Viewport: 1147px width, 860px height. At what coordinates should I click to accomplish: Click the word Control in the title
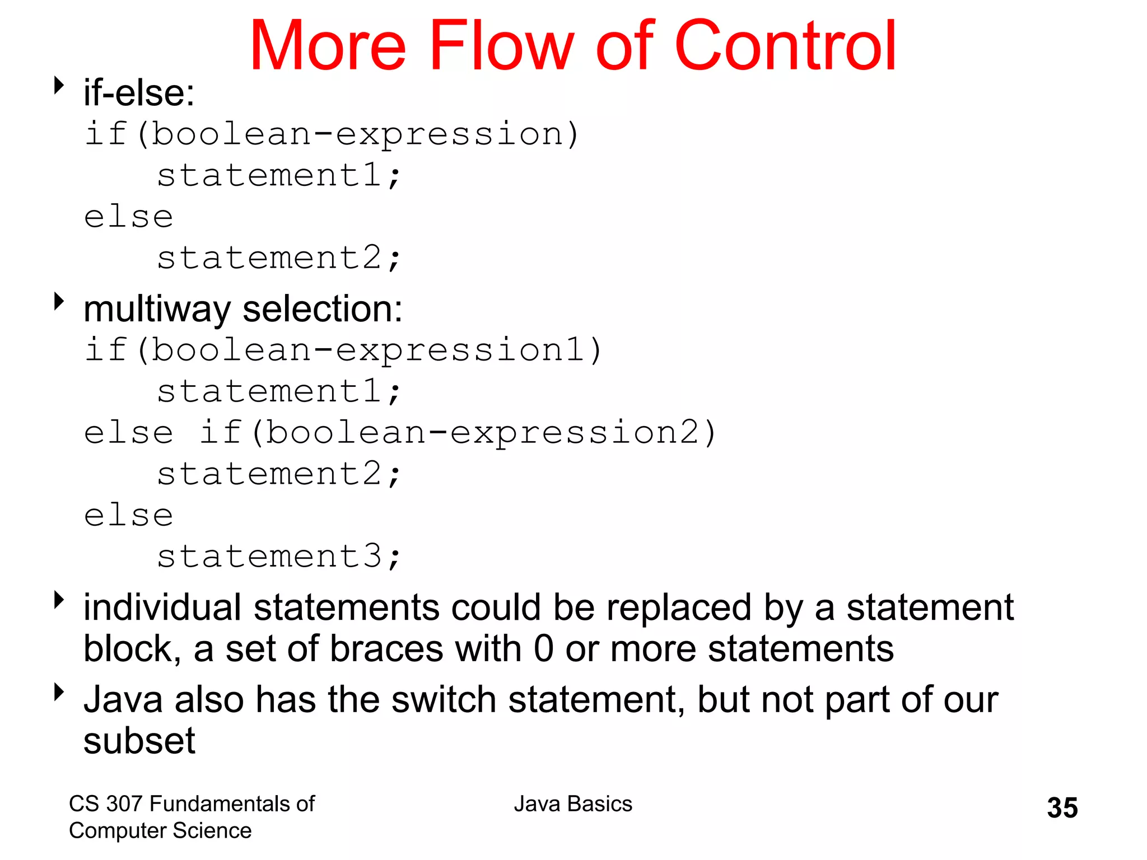coord(785,46)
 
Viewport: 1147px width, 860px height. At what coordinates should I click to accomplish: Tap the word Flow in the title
coord(501,46)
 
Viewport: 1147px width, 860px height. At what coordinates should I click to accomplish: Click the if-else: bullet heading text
coord(139,93)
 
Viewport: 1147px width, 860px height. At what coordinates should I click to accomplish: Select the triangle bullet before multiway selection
coord(59,301)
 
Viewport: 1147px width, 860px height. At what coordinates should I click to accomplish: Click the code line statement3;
coord(278,557)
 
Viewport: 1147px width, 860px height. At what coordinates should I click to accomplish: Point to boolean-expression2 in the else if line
coord(483,433)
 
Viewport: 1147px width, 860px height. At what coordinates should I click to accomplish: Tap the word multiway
coord(157,310)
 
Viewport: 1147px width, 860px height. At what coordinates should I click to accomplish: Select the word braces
coord(386,649)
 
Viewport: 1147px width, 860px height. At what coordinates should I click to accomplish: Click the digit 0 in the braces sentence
coord(543,649)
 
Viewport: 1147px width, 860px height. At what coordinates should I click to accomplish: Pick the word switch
coord(444,700)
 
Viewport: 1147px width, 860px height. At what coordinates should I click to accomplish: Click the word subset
coord(139,741)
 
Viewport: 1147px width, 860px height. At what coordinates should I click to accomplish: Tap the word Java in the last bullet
coord(124,700)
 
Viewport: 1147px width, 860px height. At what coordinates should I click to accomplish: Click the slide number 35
coord(1062,808)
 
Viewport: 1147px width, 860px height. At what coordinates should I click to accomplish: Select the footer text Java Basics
coord(573,804)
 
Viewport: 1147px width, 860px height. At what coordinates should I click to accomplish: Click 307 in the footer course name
coord(124,804)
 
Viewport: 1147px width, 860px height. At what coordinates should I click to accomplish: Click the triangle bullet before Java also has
coord(59,692)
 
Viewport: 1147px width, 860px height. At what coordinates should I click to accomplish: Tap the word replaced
coord(678,608)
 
